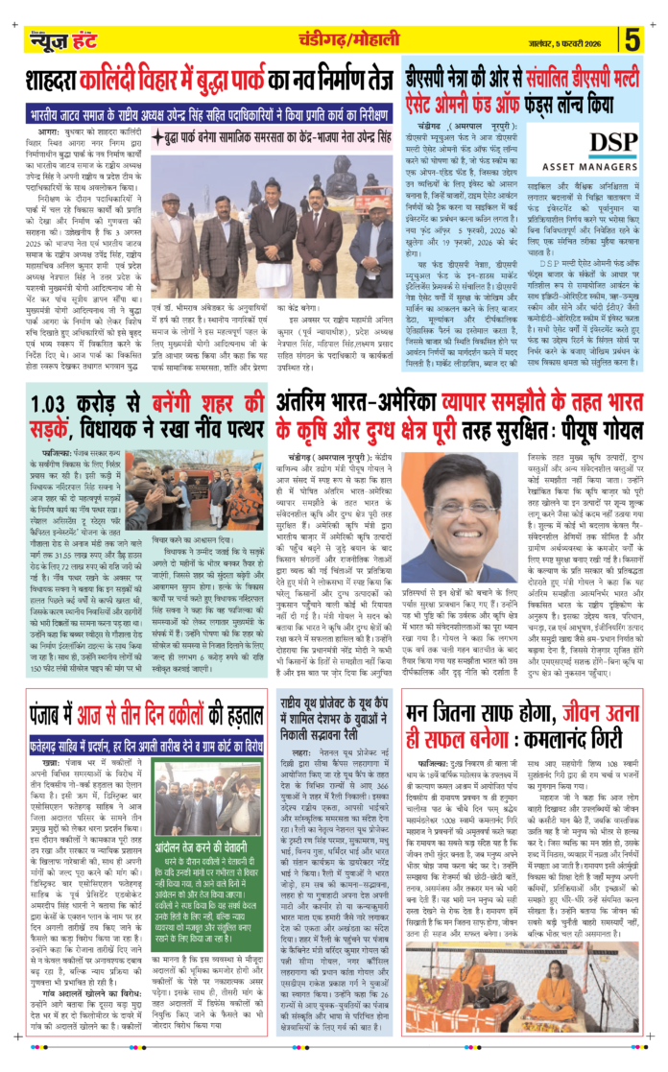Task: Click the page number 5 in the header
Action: [x=633, y=41]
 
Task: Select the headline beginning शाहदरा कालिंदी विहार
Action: [x=211, y=80]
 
